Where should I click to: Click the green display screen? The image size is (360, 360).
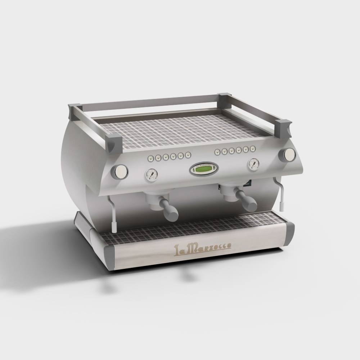tap(204, 170)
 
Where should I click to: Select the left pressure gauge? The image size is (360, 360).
tap(152, 175)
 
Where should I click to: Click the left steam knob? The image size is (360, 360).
tap(119, 172)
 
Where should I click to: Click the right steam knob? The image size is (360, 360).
tap(287, 154)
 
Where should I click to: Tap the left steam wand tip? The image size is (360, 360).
tap(114, 229)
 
